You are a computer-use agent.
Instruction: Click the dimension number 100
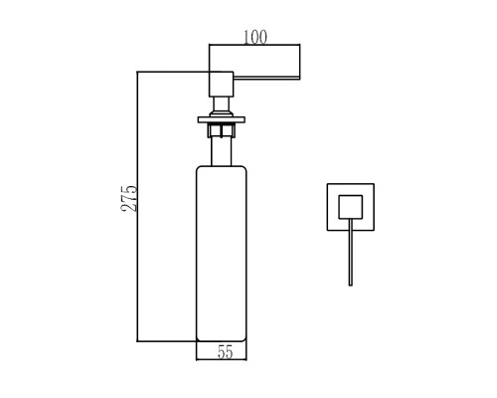(x=255, y=37)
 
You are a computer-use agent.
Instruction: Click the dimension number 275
(x=129, y=198)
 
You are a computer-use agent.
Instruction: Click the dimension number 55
(x=226, y=352)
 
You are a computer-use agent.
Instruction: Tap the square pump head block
(x=222, y=85)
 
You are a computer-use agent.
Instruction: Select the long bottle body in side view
(x=222, y=254)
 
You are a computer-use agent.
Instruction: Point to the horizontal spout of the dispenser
(x=266, y=79)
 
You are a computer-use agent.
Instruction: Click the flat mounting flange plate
(x=222, y=119)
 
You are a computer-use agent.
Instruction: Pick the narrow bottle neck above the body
(x=222, y=151)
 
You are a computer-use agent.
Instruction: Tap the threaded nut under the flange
(x=222, y=129)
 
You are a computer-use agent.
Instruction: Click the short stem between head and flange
(x=222, y=106)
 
